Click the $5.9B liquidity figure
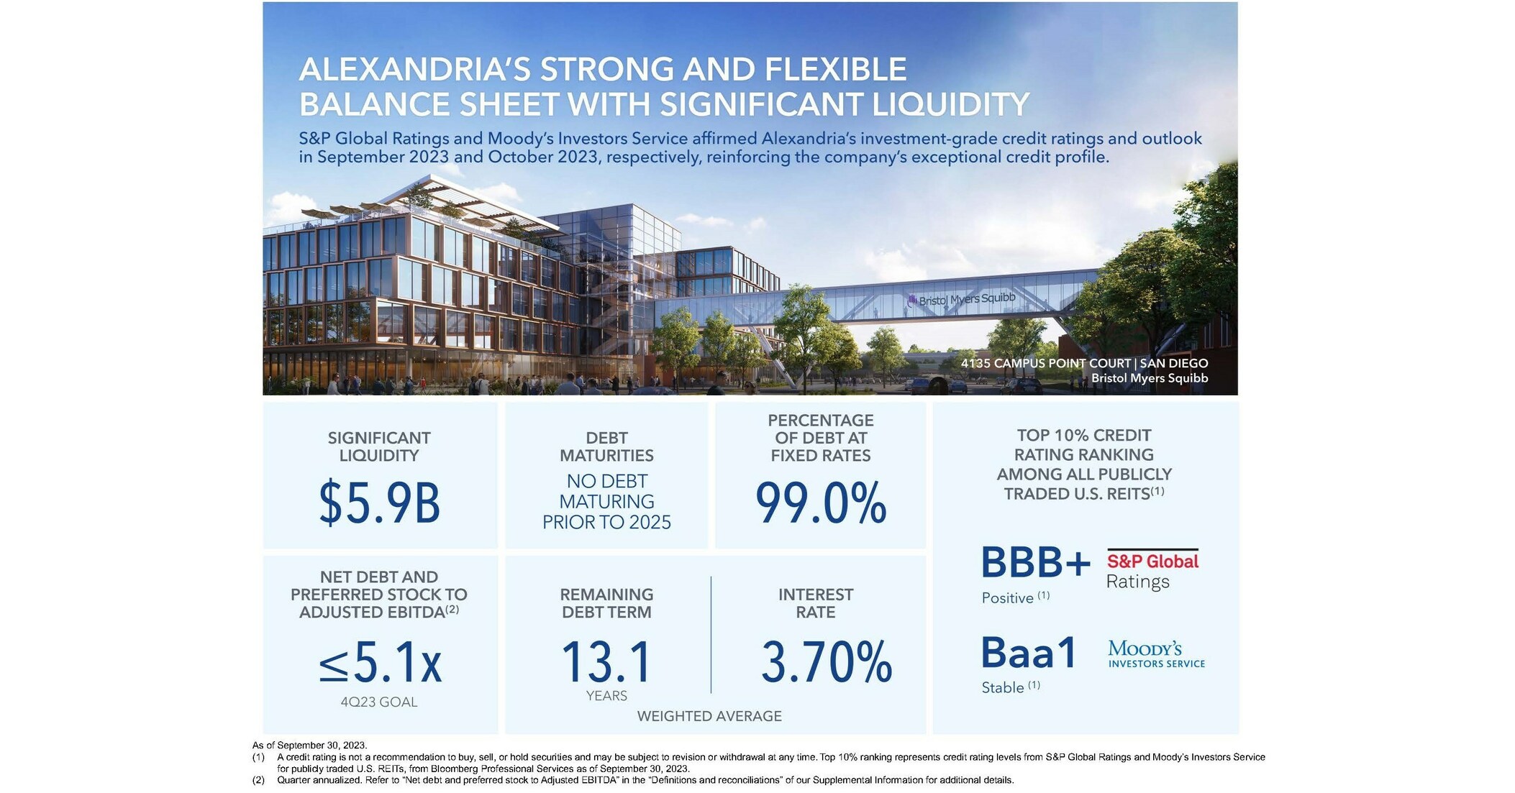379,503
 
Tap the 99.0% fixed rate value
820,503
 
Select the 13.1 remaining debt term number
606,662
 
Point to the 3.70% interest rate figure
826,662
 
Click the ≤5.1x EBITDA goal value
380,662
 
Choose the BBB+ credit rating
1035,563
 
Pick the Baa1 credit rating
1029,653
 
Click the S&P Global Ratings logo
1152,570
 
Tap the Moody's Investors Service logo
1156,654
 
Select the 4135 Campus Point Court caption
1084,364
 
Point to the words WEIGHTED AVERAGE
709,716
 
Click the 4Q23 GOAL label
378,702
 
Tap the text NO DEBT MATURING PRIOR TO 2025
606,502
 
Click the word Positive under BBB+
1007,598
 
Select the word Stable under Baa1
1003,688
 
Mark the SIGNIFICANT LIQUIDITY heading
379,446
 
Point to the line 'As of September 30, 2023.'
309,746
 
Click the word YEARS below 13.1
606,696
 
